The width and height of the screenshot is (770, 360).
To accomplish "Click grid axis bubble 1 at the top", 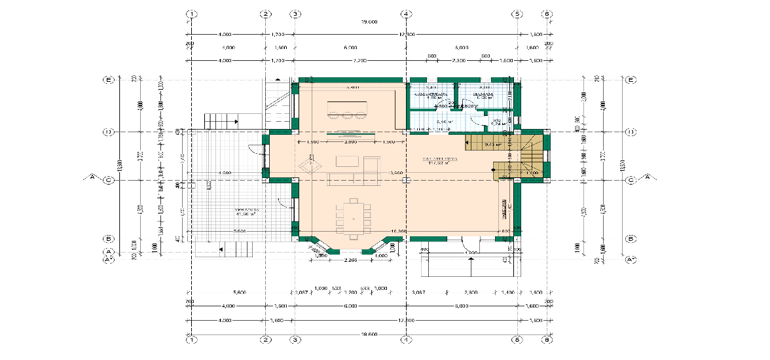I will click(192, 14).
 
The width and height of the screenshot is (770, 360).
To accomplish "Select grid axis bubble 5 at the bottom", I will click(517, 340).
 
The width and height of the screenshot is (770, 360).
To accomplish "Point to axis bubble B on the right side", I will click(631, 239).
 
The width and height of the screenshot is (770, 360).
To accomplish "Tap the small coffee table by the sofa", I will click(347, 161).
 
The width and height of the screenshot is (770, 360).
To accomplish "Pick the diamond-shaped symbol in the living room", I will click(308, 166).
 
